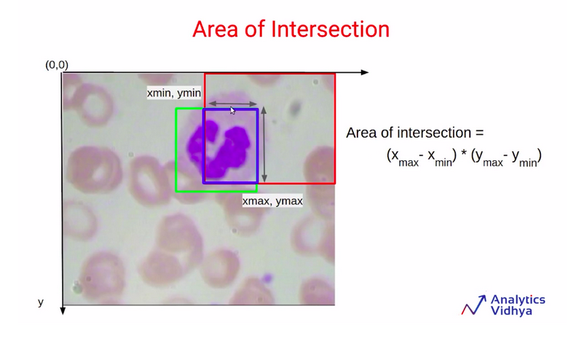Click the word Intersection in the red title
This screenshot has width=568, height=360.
[330, 29]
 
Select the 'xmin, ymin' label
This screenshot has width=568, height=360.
[174, 93]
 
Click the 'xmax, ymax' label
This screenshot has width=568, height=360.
[272, 201]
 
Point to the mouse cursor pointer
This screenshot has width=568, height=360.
[232, 110]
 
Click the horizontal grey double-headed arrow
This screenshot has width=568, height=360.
[233, 103]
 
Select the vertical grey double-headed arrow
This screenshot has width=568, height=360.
[264, 144]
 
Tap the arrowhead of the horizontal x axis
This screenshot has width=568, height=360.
[365, 72]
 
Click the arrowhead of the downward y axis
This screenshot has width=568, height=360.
[63, 310]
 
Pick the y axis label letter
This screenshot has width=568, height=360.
[41, 302]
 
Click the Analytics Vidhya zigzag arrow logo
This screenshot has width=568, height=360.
[473, 305]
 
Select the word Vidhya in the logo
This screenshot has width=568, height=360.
[511, 311]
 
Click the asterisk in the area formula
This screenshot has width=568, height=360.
[464, 155]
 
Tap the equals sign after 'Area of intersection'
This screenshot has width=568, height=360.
[479, 133]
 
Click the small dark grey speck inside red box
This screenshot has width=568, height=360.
[295, 107]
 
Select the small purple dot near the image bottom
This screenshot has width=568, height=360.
[267, 278]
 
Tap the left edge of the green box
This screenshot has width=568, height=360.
[176, 149]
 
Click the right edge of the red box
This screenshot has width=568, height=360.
[335, 128]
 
